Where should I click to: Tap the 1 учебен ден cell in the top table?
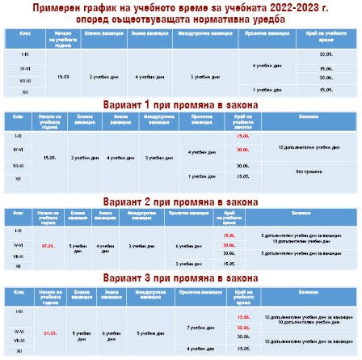pos(264,91)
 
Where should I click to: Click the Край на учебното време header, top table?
pos(326,37)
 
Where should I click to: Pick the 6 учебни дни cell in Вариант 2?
pos(187,244)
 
